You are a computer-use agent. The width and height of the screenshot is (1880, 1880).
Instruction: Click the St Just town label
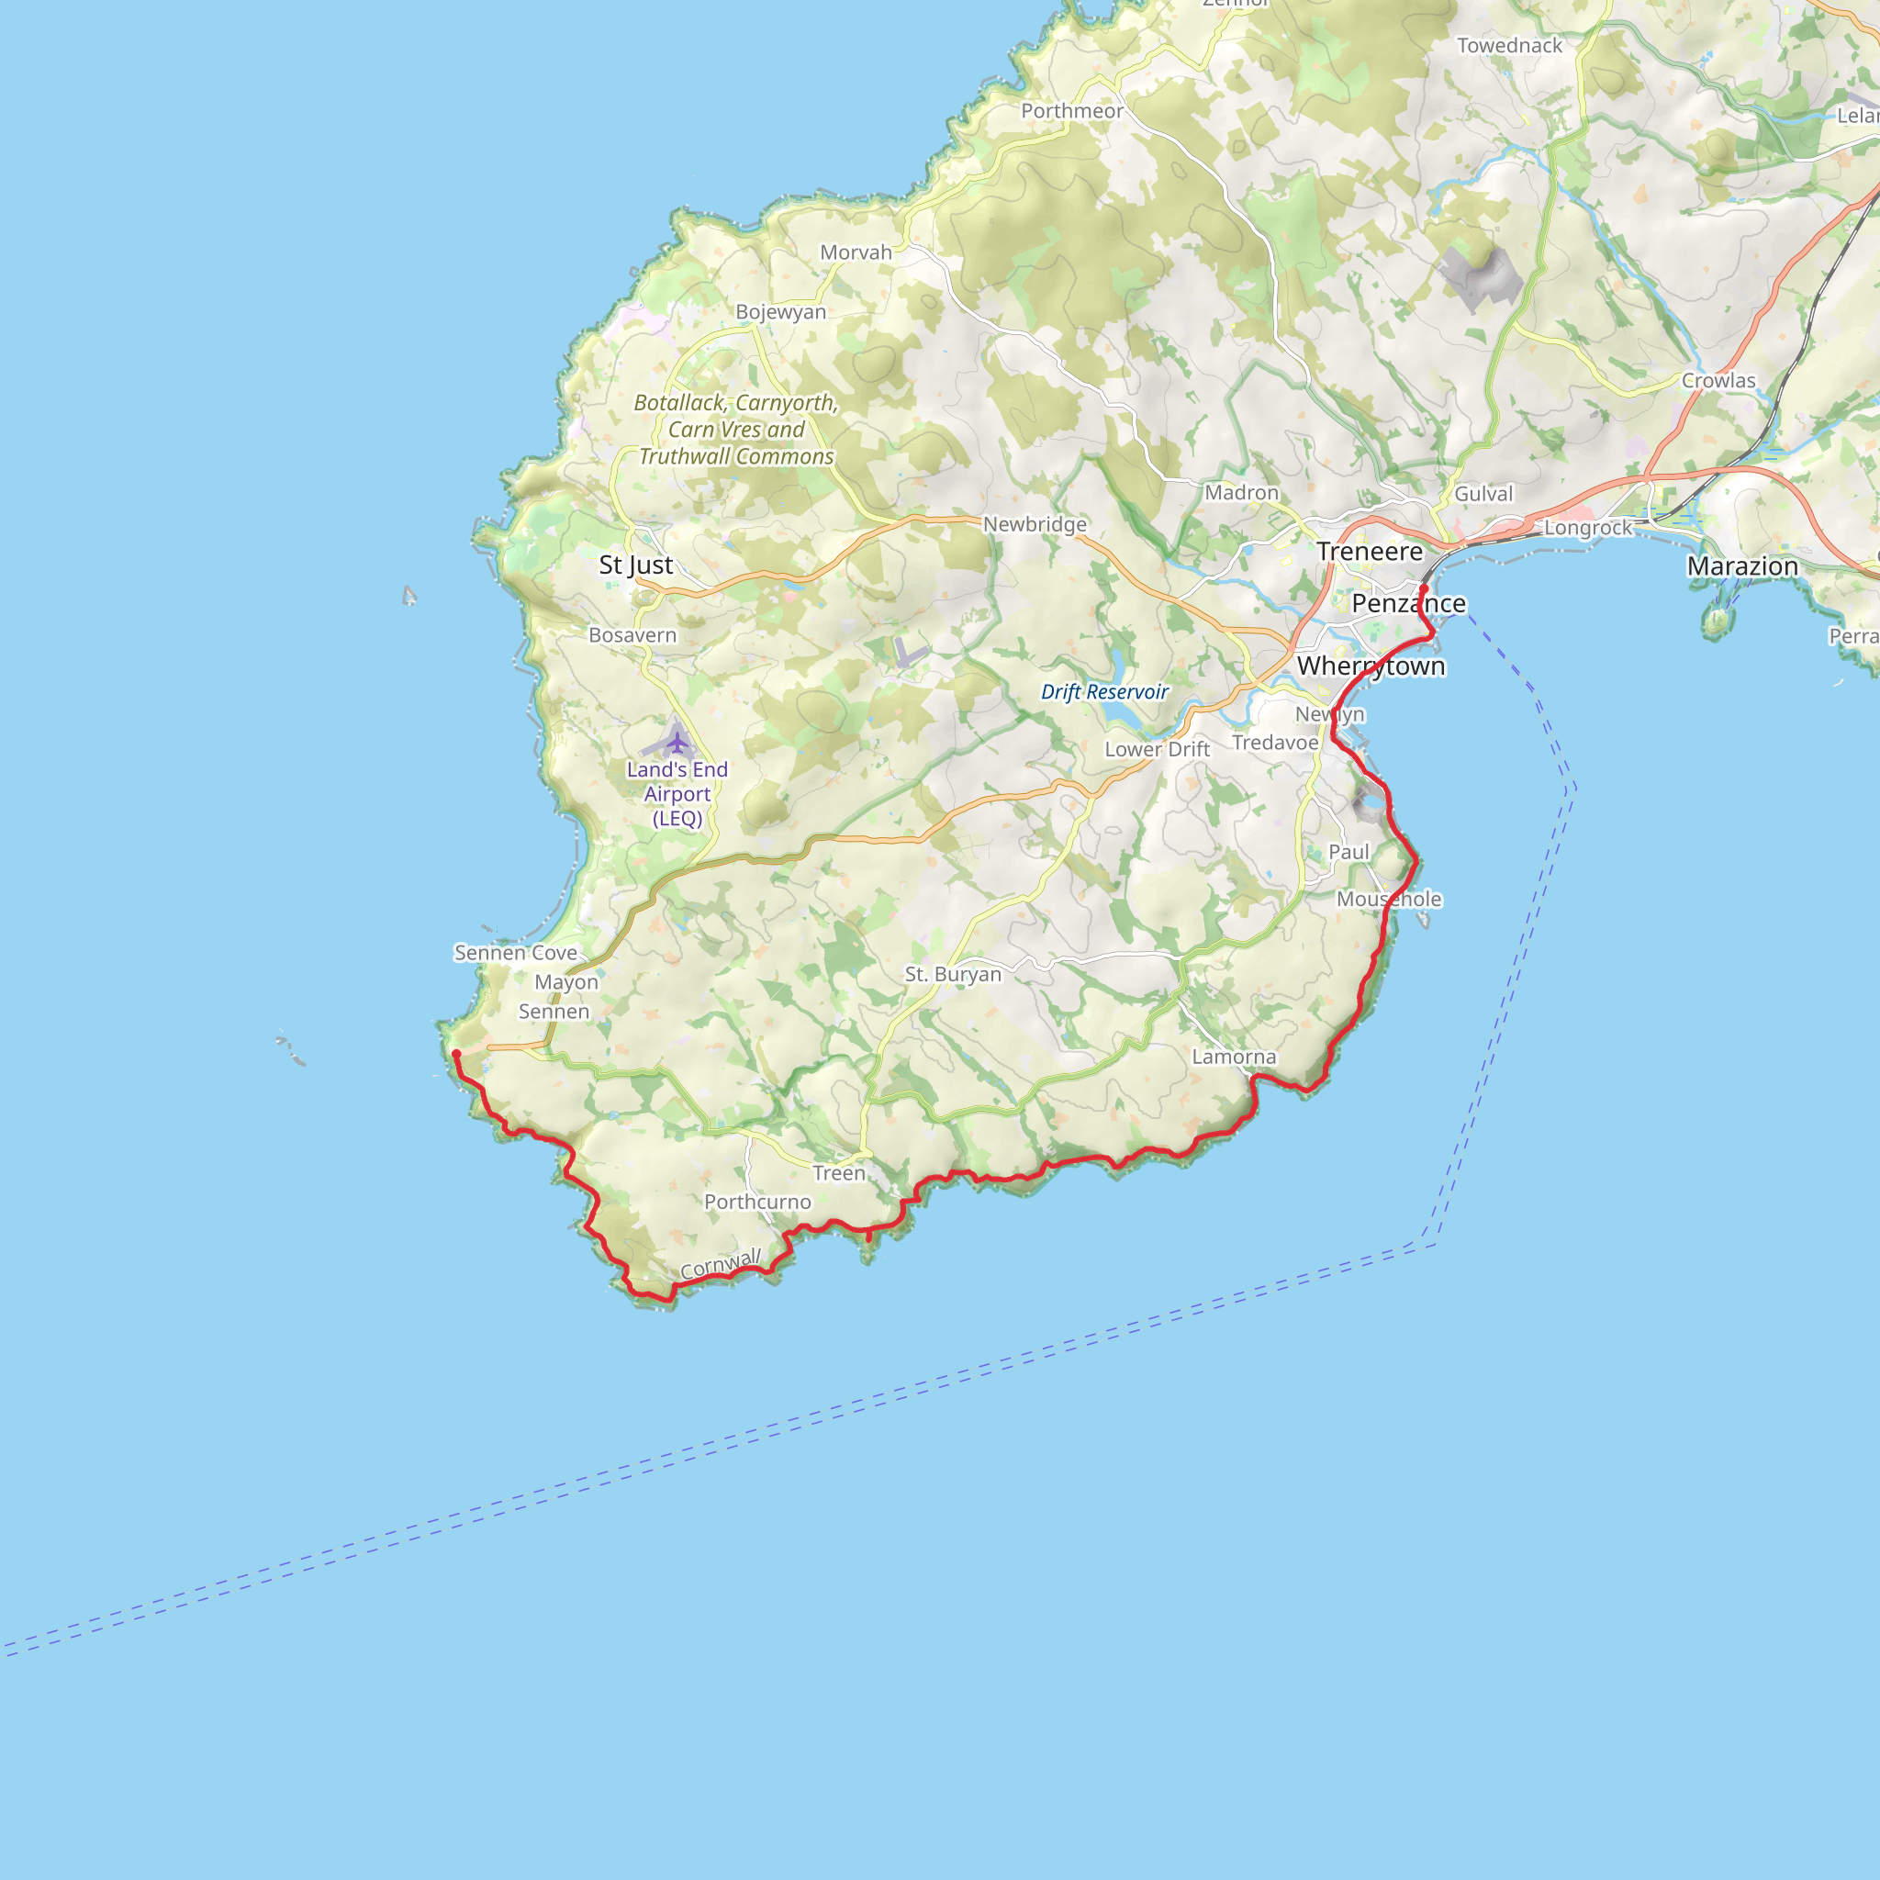pyautogui.click(x=635, y=565)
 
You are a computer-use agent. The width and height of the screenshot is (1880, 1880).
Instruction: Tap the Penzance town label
pyautogui.click(x=1408, y=604)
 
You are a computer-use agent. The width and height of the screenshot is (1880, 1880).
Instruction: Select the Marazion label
pyautogui.click(x=1741, y=566)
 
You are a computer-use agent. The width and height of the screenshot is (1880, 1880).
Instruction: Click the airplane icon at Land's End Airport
pyautogui.click(x=677, y=744)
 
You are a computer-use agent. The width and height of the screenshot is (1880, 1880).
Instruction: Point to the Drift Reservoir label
pyautogui.click(x=1104, y=692)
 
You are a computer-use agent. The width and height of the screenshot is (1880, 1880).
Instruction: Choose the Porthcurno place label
pyautogui.click(x=757, y=1202)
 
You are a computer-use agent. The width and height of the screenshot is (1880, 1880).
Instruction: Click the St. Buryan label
pyautogui.click(x=953, y=974)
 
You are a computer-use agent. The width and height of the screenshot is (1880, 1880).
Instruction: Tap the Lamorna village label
pyautogui.click(x=1233, y=1057)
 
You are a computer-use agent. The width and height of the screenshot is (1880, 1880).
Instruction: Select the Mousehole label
pyautogui.click(x=1389, y=899)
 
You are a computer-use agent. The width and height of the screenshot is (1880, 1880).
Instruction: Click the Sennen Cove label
pyautogui.click(x=516, y=953)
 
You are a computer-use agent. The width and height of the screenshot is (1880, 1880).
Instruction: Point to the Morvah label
pyautogui.click(x=856, y=253)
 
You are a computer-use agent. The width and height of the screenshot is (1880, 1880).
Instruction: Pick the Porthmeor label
pyautogui.click(x=1071, y=111)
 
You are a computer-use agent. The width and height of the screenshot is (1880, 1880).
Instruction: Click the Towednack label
pyautogui.click(x=1509, y=46)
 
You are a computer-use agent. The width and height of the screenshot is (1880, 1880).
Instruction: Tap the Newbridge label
pyautogui.click(x=1035, y=524)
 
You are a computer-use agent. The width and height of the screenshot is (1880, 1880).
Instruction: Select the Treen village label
pyautogui.click(x=839, y=1173)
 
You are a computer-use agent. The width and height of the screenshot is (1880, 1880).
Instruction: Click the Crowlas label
pyautogui.click(x=1718, y=380)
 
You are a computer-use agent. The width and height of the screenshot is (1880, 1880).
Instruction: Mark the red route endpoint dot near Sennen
pyautogui.click(x=456, y=1054)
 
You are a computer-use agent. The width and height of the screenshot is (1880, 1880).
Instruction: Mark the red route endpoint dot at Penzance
pyautogui.click(x=1424, y=588)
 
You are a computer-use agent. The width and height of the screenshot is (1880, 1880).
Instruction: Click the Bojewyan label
pyautogui.click(x=780, y=312)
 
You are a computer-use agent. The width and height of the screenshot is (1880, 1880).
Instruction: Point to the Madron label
pyautogui.click(x=1242, y=493)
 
